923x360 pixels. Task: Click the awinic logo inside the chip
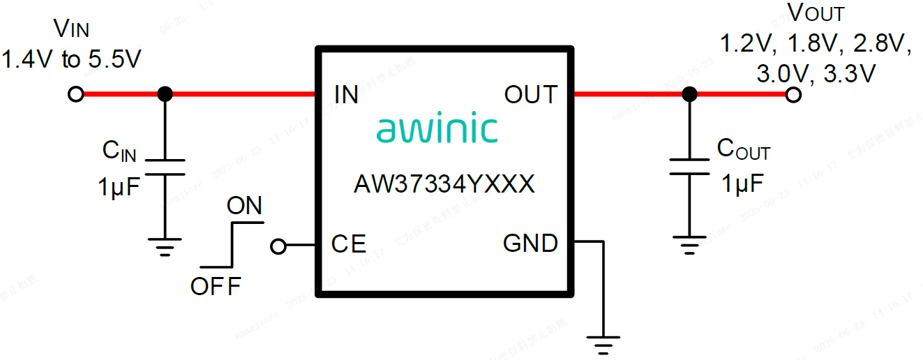(437, 130)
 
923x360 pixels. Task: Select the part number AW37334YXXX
(444, 185)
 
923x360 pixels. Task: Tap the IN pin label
(346, 95)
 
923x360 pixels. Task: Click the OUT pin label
(531, 95)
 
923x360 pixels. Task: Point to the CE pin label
(348, 244)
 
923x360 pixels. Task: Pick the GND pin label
(530, 243)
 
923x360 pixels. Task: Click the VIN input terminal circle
(76, 94)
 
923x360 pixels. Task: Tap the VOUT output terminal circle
(793, 94)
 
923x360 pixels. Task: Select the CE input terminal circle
(278, 246)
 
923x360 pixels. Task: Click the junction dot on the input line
(165, 94)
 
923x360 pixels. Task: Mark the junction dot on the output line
(689, 94)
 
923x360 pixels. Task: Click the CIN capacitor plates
(165, 167)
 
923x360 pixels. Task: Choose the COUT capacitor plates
(689, 167)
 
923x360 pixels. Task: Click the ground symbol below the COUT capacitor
(689, 244)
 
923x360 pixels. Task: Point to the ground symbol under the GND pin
(603, 343)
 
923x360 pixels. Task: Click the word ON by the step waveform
(244, 206)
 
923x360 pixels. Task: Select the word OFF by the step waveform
(216, 286)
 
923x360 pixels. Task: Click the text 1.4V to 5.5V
(71, 60)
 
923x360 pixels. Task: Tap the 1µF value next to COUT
(742, 184)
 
